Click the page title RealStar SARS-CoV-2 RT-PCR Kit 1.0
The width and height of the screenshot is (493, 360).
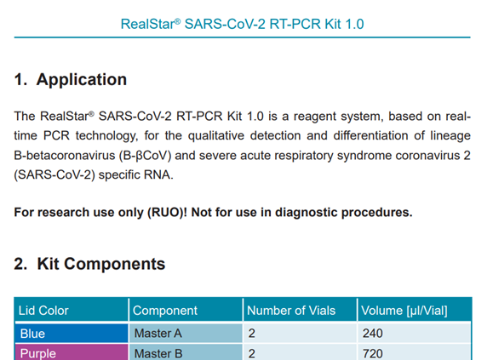tap(242, 24)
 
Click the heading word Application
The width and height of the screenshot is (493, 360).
tap(82, 80)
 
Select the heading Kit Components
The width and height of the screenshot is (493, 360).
tap(101, 264)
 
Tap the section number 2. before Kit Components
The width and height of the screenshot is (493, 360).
tap(20, 264)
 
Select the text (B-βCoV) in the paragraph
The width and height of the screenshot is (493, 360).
tap(145, 156)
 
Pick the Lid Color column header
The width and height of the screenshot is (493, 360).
tap(43, 311)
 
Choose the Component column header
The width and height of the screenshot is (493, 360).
tap(165, 311)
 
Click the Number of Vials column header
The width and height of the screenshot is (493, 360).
tap(291, 311)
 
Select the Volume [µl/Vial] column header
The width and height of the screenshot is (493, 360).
tap(404, 311)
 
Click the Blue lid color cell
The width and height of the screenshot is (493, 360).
tap(72, 334)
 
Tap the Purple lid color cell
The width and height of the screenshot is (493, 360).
tap(72, 352)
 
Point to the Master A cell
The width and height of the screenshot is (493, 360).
tap(186, 334)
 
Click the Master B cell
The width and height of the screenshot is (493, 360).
tap(186, 352)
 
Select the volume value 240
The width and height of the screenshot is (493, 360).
tap(373, 334)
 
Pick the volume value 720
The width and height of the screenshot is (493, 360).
tap(373, 354)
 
